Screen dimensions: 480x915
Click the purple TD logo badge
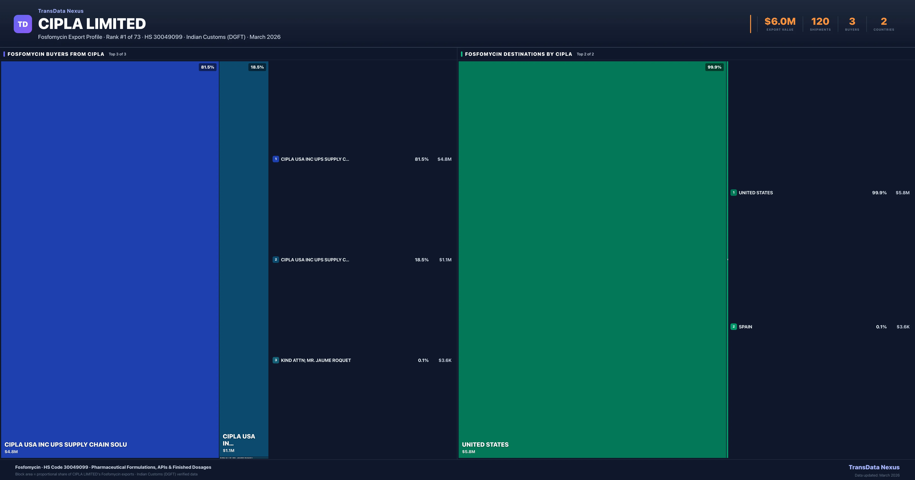[23, 24]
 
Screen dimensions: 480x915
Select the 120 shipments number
[820, 22]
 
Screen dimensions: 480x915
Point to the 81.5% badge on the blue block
[207, 67]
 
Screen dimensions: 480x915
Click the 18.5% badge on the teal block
[257, 67]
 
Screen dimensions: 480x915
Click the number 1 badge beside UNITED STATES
[734, 192]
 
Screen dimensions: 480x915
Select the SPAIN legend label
[745, 327]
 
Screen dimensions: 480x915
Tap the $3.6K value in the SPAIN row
[903, 327]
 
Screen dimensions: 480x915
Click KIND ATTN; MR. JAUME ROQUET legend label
[316, 360]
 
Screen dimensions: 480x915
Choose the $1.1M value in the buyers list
[445, 260]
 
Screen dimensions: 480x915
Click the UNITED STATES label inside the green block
[485, 445]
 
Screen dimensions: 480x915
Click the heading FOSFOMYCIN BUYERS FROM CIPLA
[56, 54]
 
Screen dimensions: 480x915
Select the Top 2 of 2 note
[585, 54]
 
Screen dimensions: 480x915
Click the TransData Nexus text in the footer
[874, 467]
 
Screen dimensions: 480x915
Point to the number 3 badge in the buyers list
[276, 360]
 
